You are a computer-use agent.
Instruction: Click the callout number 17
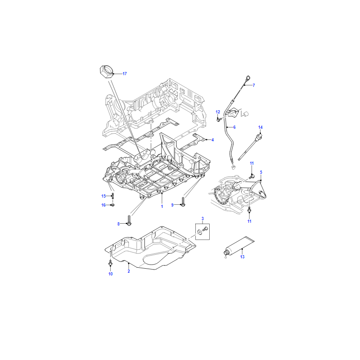125,74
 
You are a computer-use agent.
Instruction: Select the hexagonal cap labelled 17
107,72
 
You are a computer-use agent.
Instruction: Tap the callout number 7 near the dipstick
254,85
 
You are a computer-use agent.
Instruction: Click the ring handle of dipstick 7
248,78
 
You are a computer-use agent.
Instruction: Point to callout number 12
218,112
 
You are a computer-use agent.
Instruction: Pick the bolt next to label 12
218,119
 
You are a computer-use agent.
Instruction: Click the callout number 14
261,127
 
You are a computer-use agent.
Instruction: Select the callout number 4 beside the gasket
212,140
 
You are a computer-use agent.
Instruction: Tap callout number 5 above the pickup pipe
261,172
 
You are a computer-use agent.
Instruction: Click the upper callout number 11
252,163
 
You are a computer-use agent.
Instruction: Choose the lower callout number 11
249,221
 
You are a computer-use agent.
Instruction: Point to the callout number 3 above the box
202,219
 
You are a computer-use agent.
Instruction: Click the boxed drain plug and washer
202,231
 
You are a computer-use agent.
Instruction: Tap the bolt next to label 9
183,202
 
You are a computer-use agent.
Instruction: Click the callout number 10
110,274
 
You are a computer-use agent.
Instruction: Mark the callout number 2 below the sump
129,271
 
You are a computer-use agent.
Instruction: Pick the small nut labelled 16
112,205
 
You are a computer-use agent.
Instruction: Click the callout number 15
103,196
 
